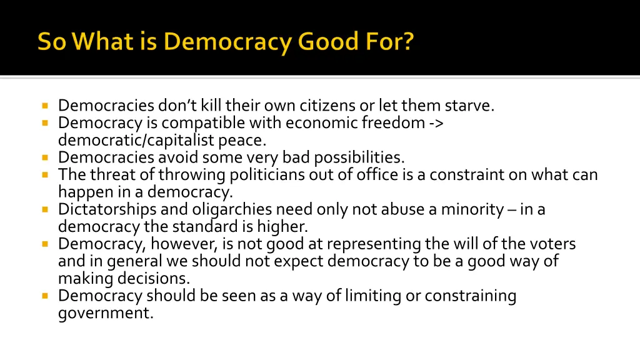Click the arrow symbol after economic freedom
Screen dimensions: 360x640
click(437, 123)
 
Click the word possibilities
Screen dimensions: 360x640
click(359, 157)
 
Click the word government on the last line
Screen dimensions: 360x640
click(106, 312)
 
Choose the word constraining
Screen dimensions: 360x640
click(471, 296)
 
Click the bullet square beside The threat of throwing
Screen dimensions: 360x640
click(46, 174)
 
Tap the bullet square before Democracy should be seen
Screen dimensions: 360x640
click(46, 296)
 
